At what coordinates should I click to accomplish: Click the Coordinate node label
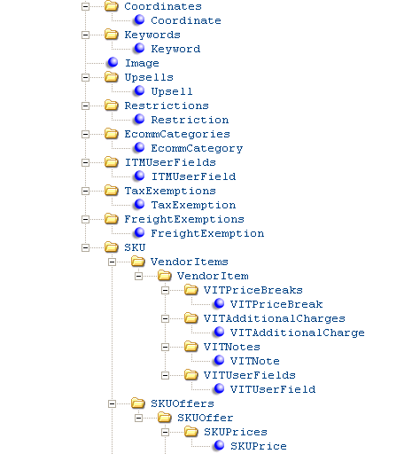(186, 20)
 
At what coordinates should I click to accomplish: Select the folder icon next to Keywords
(112, 35)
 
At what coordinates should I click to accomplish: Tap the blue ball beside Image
(113, 62)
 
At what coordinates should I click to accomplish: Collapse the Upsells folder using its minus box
(85, 77)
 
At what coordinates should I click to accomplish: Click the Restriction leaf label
(190, 120)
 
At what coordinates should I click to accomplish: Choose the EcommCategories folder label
(177, 134)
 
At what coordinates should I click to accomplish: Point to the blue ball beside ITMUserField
(139, 176)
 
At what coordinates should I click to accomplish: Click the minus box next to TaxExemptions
(85, 191)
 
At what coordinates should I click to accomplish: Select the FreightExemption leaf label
(207, 233)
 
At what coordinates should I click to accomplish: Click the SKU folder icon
(112, 247)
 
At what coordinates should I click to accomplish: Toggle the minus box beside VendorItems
(112, 262)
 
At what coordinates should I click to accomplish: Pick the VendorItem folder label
(213, 276)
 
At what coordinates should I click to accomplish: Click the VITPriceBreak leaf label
(276, 304)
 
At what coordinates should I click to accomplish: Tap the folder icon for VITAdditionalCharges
(191, 318)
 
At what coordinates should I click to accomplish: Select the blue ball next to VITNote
(219, 360)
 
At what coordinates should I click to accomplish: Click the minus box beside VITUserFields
(165, 375)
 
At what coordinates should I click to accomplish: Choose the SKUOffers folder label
(183, 403)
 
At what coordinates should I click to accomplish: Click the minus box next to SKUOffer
(138, 418)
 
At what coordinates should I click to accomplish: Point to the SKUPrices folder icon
(191, 432)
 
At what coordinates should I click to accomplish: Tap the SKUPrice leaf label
(259, 446)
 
